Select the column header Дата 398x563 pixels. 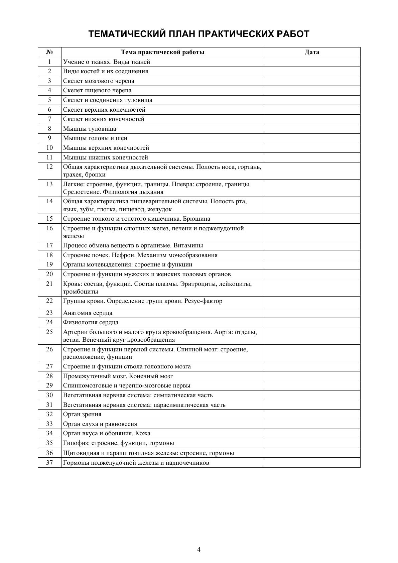coord(312,52)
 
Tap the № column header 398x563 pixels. coord(49,52)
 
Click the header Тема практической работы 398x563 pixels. coord(162,52)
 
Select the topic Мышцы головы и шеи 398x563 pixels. coord(95,138)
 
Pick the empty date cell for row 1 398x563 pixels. coord(312,62)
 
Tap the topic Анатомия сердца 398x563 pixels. coord(88,313)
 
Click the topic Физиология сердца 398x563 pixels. coord(91,322)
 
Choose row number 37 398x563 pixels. coord(49,463)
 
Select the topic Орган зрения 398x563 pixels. coord(82,414)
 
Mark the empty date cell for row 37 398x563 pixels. coord(312,463)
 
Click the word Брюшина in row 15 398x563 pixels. coord(199,219)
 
